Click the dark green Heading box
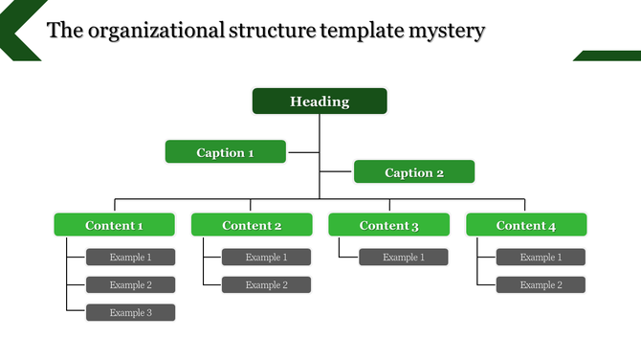[x=320, y=101]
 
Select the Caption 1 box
[x=226, y=152]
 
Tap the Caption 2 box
[x=414, y=172]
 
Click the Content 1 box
[x=115, y=225]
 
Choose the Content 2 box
[x=252, y=225]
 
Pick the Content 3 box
[x=389, y=225]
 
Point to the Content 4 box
[x=526, y=225]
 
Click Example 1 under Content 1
[x=131, y=257]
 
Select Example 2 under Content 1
[x=131, y=284]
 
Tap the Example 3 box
[x=131, y=312]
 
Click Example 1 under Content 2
[x=267, y=257]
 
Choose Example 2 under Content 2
[x=267, y=284]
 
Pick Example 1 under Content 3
[x=404, y=257]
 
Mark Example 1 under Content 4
[x=541, y=257]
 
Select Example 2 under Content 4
[x=541, y=284]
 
